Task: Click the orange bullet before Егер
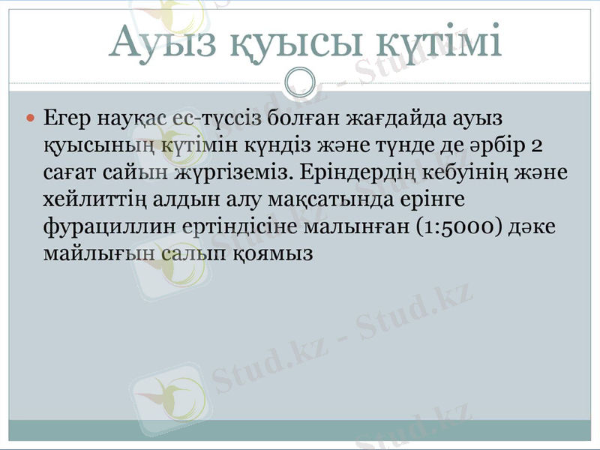click(30, 118)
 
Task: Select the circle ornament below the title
click(301, 81)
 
